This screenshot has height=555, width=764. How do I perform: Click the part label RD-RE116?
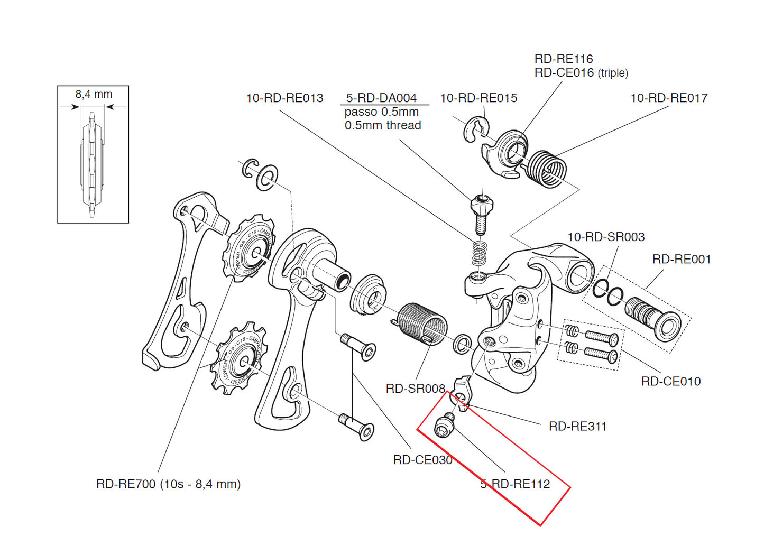[563, 59]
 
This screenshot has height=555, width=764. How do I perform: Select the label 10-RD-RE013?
[284, 98]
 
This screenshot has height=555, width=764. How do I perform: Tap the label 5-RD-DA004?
[381, 98]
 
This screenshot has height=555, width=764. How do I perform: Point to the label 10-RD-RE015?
[478, 98]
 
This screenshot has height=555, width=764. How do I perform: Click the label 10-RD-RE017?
[669, 98]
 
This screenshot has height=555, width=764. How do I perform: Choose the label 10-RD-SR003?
[606, 237]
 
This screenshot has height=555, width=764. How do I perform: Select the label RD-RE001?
[682, 260]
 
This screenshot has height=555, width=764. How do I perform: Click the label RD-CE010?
[670, 382]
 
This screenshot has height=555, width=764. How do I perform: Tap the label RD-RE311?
[577, 427]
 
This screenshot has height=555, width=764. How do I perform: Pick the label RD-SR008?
[415, 389]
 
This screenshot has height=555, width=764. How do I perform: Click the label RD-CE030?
[422, 460]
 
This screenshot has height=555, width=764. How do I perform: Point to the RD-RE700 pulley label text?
[168, 484]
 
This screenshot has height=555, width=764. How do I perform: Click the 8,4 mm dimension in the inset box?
[94, 95]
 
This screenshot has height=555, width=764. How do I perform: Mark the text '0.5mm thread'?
[383, 126]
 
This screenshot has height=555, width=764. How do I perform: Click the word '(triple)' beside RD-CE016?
[613, 73]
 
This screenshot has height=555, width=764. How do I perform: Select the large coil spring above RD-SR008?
[422, 322]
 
